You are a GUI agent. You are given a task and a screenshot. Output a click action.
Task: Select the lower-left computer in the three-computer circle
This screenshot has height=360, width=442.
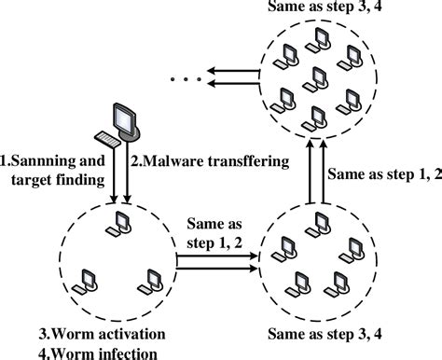coord(87,278)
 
